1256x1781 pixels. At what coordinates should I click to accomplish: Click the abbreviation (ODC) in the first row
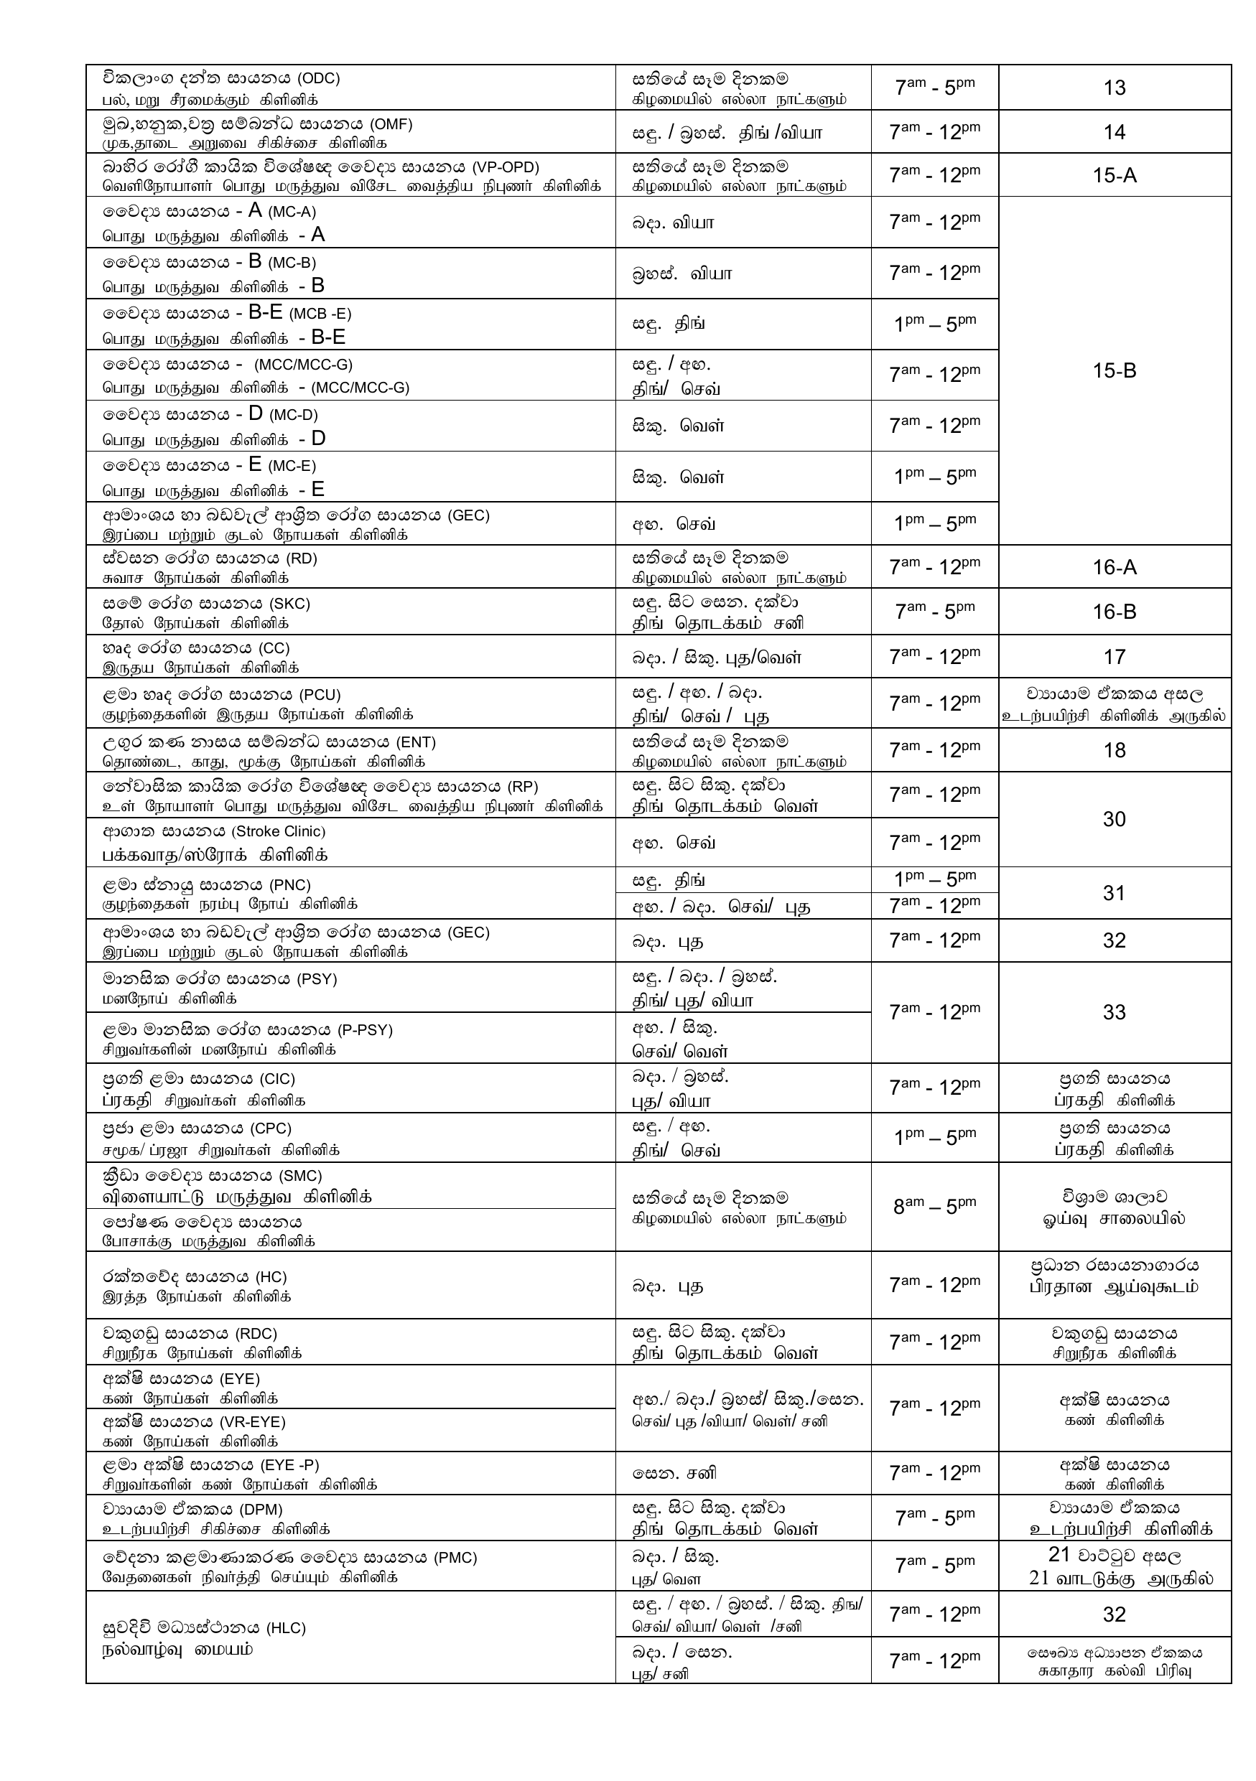click(x=319, y=78)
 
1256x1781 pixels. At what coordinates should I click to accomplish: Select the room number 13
click(x=1114, y=88)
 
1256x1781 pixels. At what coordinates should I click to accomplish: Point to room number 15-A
click(x=1114, y=175)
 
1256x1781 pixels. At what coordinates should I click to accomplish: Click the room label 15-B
click(x=1114, y=371)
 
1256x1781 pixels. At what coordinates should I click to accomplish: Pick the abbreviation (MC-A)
click(x=292, y=212)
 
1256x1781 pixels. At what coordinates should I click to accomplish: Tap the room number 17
click(x=1114, y=657)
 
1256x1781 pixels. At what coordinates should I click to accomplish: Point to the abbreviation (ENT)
click(x=415, y=742)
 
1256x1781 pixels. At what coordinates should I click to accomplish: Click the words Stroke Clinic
click(x=279, y=831)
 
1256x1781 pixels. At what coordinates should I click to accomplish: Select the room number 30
click(x=1114, y=819)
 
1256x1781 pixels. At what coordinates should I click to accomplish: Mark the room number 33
click(x=1114, y=1012)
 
